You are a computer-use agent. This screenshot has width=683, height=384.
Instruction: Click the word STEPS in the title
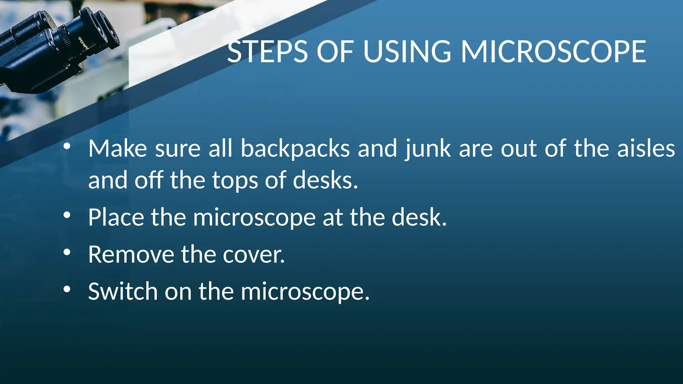(267, 52)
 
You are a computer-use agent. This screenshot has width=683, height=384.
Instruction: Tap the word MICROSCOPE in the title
(553, 52)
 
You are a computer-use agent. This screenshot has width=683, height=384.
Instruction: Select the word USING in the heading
(407, 52)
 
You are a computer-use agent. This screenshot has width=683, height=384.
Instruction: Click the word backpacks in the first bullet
(295, 148)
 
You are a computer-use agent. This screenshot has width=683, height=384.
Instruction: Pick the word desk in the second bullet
(419, 217)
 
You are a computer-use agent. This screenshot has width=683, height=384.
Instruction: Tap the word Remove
(131, 254)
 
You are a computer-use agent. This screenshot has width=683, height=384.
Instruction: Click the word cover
(253, 254)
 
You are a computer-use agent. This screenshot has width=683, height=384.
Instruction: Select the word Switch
(123, 291)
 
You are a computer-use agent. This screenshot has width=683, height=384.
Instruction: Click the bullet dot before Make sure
(67, 146)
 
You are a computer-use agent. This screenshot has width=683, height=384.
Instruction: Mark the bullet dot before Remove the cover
(67, 253)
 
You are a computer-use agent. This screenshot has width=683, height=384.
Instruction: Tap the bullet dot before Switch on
(67, 290)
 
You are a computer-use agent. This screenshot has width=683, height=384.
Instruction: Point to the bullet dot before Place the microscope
(67, 216)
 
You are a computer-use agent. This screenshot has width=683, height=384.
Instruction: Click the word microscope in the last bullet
(305, 291)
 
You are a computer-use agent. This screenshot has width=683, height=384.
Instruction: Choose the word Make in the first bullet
(117, 148)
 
